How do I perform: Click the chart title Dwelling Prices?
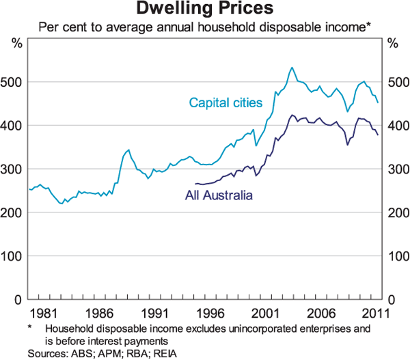tap(205, 10)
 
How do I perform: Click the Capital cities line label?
tap(226, 103)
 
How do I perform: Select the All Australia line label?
tap(219, 195)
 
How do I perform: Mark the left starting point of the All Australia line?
tap(195, 184)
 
